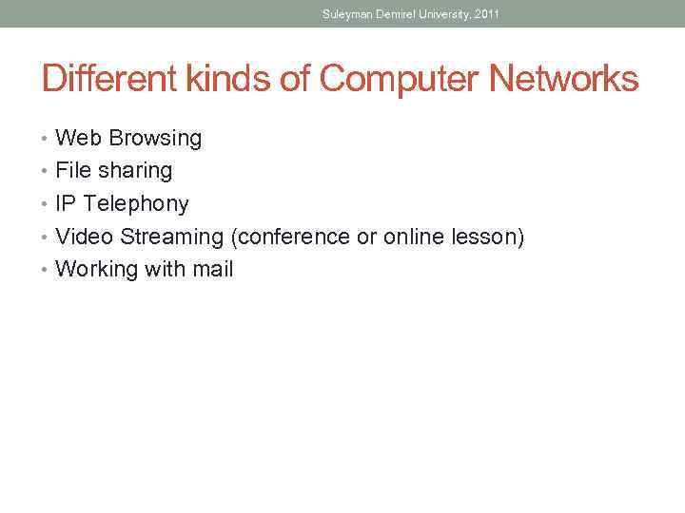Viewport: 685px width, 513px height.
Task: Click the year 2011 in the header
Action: tap(486, 14)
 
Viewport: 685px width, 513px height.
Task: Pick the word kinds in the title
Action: tap(218, 79)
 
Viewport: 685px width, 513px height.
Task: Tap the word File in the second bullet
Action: tap(72, 171)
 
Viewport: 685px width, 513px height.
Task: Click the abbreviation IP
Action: tap(66, 204)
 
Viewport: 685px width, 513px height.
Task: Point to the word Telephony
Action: tap(136, 204)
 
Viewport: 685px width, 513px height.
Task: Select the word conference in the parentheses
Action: tap(290, 237)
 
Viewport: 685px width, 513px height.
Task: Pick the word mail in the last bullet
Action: tap(213, 270)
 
